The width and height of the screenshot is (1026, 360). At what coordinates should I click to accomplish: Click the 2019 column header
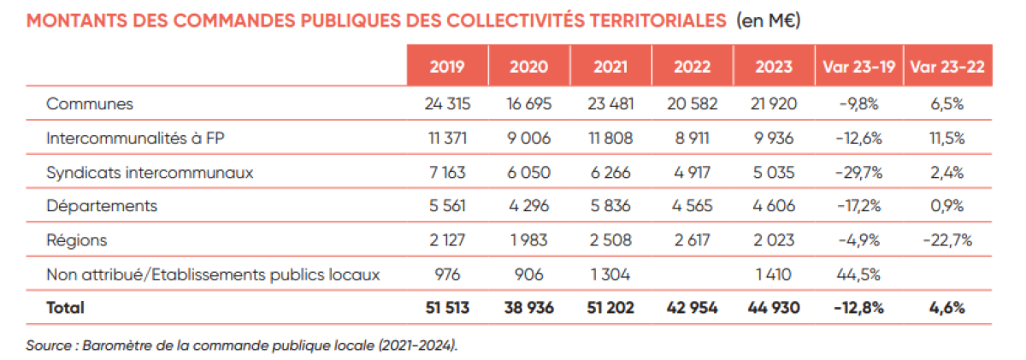446,67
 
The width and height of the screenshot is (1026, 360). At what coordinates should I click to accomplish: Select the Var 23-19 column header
858,67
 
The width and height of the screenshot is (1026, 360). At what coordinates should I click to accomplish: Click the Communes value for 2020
528,104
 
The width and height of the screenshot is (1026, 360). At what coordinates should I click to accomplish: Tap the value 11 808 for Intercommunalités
610,138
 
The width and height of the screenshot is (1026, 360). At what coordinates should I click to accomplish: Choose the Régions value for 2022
692,240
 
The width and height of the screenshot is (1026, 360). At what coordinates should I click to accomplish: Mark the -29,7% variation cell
858,172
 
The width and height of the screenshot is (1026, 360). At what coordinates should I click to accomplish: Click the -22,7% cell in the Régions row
947,240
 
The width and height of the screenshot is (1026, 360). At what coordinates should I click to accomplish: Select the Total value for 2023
774,308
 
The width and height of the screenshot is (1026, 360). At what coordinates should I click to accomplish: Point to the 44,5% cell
858,274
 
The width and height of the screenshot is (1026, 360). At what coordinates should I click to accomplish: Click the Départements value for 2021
610,206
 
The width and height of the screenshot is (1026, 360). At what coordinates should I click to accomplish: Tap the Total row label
66,308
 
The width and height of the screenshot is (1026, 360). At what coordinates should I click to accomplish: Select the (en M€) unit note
767,20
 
